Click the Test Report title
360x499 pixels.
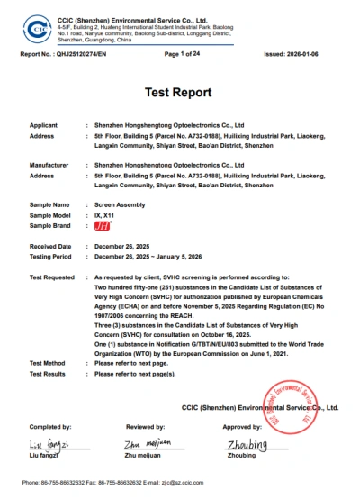click(179, 93)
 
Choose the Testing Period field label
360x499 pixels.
click(52, 256)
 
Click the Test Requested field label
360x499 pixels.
click(52, 277)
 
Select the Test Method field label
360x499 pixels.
click(48, 363)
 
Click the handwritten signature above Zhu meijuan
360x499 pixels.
click(145, 444)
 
